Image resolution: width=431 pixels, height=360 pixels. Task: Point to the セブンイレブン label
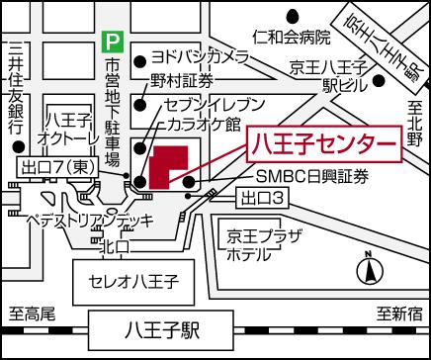pos(209,104)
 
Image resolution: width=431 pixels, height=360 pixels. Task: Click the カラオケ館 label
pos(206,126)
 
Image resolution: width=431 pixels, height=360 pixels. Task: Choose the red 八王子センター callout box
pos(322,143)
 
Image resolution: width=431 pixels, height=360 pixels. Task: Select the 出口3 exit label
pos(264,200)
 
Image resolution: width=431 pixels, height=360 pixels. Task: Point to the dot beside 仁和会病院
pos(294,17)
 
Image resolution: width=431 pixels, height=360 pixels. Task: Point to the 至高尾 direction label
pos(34,314)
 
